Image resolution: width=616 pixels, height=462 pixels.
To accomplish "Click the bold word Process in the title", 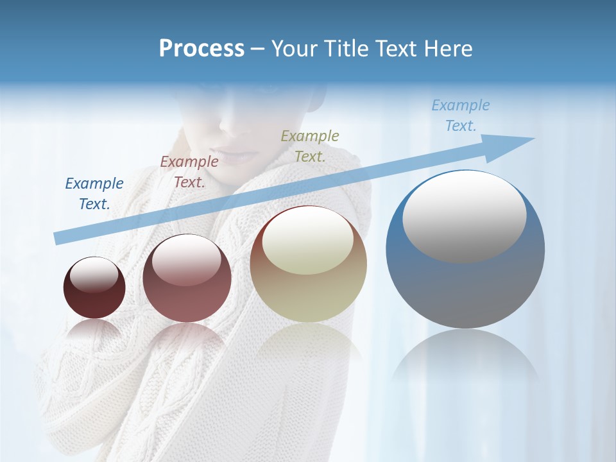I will (201, 48).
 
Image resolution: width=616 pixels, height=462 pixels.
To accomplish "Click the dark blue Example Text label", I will (94, 193).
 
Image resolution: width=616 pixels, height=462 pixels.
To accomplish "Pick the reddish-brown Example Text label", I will (189, 171).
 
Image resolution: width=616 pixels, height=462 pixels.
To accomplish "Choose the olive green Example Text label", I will (310, 146).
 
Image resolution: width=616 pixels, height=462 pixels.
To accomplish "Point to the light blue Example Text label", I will (460, 116).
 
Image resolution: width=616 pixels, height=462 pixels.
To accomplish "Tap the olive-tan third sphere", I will (309, 289).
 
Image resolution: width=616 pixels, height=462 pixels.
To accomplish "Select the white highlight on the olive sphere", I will (308, 239).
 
